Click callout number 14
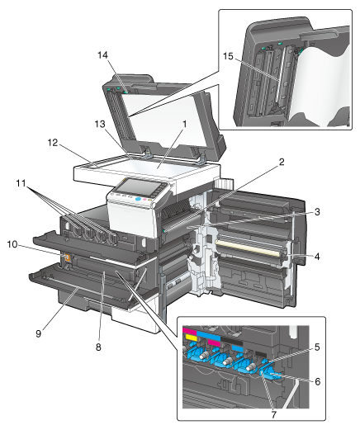click(x=102, y=55)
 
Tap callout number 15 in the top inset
click(x=228, y=56)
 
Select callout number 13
click(x=100, y=124)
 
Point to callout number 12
click(x=53, y=143)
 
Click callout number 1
click(x=185, y=124)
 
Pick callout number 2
click(x=282, y=162)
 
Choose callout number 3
click(x=317, y=212)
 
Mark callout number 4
click(x=317, y=257)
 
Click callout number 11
click(x=21, y=183)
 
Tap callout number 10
click(x=12, y=244)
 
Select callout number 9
click(x=38, y=333)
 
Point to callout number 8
click(x=98, y=347)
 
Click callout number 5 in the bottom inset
click(x=317, y=347)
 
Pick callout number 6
click(x=318, y=381)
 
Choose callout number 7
click(x=273, y=414)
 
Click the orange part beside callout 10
click(x=67, y=257)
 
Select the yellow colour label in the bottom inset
click(x=192, y=338)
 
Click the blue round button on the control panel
click(x=138, y=199)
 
